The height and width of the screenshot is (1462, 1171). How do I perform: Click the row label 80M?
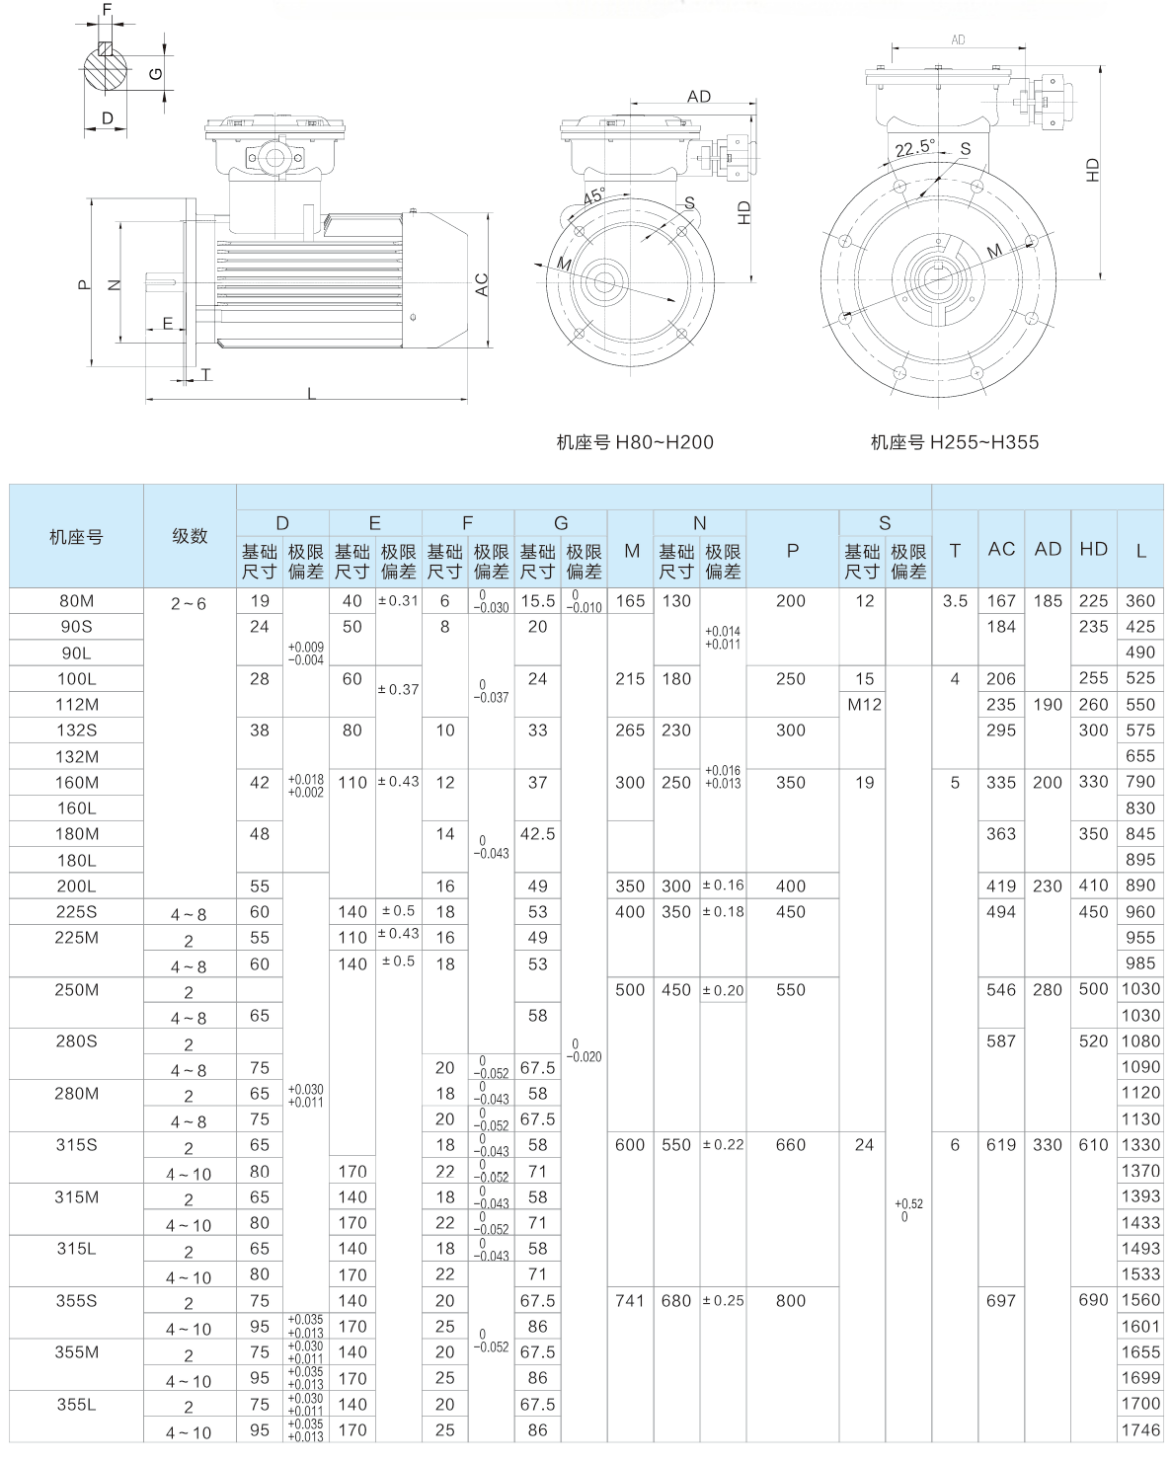pyautogui.click(x=76, y=601)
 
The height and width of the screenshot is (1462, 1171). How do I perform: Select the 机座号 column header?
pyautogui.click(x=76, y=537)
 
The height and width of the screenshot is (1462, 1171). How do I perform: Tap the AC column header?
pyautogui.click(x=1001, y=549)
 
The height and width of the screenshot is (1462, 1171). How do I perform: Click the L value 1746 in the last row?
pyautogui.click(x=1140, y=1430)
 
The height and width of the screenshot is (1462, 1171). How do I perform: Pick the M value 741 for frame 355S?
pyautogui.click(x=630, y=1301)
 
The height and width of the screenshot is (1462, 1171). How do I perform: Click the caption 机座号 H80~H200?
pyautogui.click(x=634, y=442)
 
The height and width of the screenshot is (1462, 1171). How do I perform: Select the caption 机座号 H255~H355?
pyautogui.click(x=955, y=442)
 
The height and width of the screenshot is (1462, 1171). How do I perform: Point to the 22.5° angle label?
pyautogui.click(x=914, y=148)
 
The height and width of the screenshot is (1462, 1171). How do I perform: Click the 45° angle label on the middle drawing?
pyautogui.click(x=594, y=196)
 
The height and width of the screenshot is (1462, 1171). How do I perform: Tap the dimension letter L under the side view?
pyautogui.click(x=311, y=393)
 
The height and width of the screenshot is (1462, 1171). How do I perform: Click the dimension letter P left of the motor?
pyautogui.click(x=83, y=285)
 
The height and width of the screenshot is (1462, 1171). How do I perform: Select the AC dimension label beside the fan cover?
pyautogui.click(x=482, y=284)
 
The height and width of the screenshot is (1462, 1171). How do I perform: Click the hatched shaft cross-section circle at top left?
pyautogui.click(x=106, y=67)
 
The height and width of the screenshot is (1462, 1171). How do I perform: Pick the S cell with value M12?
pyautogui.click(x=864, y=705)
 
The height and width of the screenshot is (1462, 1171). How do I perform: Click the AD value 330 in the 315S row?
pyautogui.click(x=1048, y=1145)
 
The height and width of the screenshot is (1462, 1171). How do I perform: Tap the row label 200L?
pyautogui.click(x=76, y=886)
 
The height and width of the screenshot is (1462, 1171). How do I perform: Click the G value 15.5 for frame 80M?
pyautogui.click(x=537, y=601)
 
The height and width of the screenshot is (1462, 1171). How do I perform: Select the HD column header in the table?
pyautogui.click(x=1093, y=549)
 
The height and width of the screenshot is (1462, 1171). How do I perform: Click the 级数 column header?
pyautogui.click(x=190, y=537)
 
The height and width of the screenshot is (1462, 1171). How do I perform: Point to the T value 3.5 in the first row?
pyautogui.click(x=955, y=601)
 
